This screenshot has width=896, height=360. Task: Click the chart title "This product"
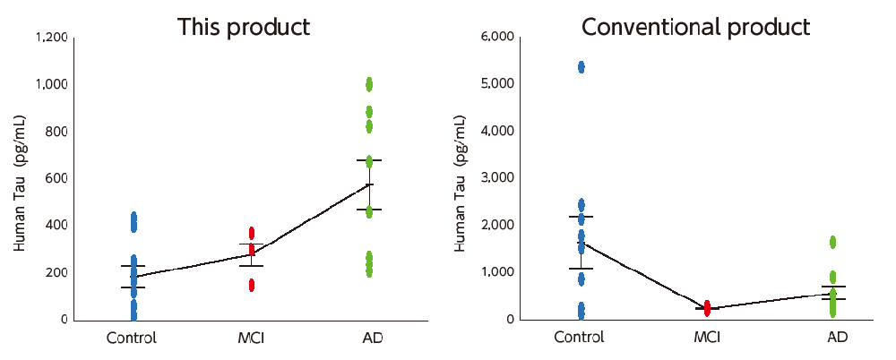[x=244, y=27]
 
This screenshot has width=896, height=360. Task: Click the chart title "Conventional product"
[x=696, y=27]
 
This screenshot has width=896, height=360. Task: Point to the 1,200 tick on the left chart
[x=50, y=38]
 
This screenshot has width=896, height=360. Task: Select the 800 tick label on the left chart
[x=56, y=132]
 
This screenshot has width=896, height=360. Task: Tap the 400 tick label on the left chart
[x=56, y=226]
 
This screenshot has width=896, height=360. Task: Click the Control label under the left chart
[x=132, y=339]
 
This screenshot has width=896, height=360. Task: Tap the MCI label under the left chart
[x=251, y=339]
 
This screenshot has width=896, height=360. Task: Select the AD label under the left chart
[x=369, y=339]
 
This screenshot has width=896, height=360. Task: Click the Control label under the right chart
[x=579, y=339]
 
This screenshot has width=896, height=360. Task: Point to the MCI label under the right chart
[x=707, y=339]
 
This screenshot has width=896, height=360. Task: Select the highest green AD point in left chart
[x=369, y=84]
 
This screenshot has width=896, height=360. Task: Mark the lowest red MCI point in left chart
[x=251, y=285]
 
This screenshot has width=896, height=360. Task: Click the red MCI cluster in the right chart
[x=707, y=308]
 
